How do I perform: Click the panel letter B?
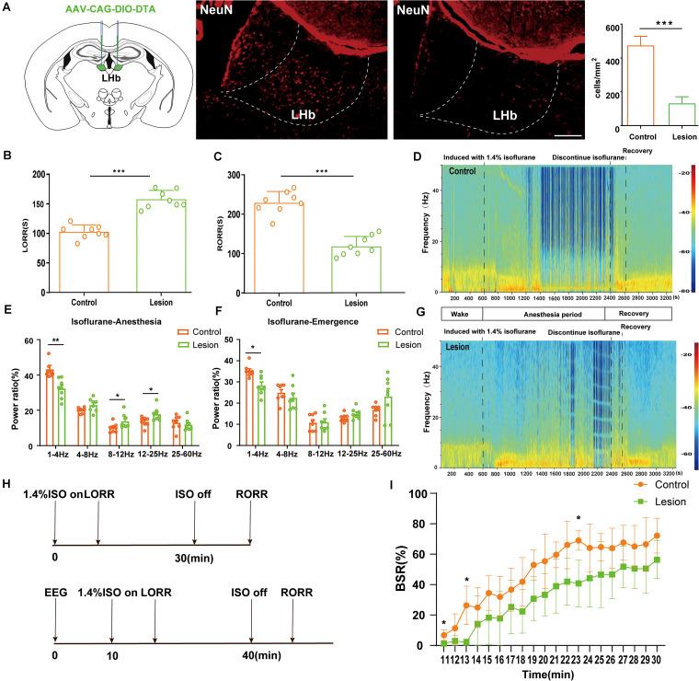point(8,158)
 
